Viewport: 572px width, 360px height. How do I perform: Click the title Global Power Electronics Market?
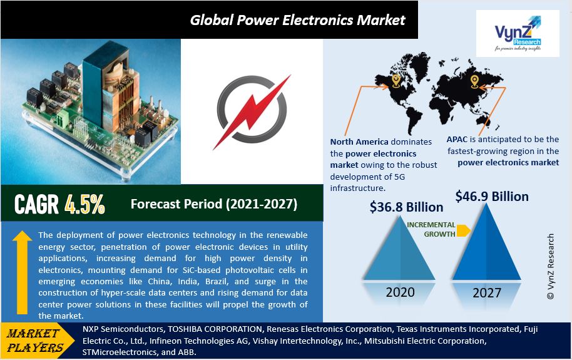pyautogui.click(x=298, y=19)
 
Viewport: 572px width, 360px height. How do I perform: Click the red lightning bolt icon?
pyautogui.click(x=252, y=112)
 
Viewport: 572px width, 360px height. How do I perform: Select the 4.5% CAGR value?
pyautogui.click(x=84, y=204)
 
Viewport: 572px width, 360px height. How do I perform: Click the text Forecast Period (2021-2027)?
pyautogui.click(x=213, y=204)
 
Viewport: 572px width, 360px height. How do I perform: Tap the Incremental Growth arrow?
pyautogui.click(x=464, y=230)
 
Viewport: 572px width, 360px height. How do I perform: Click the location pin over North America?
pyautogui.click(x=396, y=80)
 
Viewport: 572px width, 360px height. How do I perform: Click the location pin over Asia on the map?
pyautogui.click(x=474, y=81)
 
